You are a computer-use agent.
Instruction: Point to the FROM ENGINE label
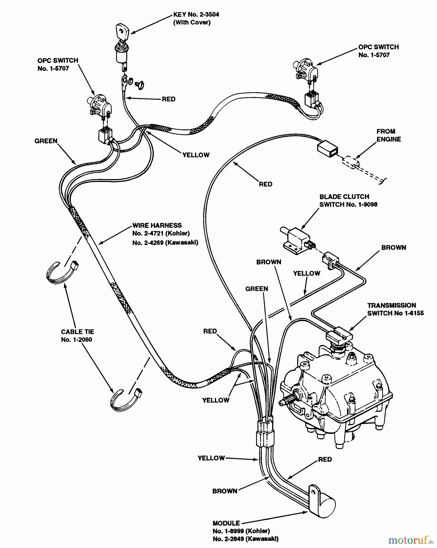coord(388,135)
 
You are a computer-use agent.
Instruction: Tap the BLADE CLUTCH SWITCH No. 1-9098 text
coord(348,201)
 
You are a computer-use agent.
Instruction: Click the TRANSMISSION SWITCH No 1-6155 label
coord(395,309)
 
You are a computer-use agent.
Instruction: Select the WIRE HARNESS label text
coord(165,234)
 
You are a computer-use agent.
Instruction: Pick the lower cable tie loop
coord(125,399)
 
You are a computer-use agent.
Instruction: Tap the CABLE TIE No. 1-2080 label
coord(78,335)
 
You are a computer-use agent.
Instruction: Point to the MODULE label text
coord(245,531)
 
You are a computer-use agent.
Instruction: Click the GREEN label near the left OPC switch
coord(46,141)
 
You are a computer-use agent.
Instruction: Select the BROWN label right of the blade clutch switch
coord(394,248)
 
